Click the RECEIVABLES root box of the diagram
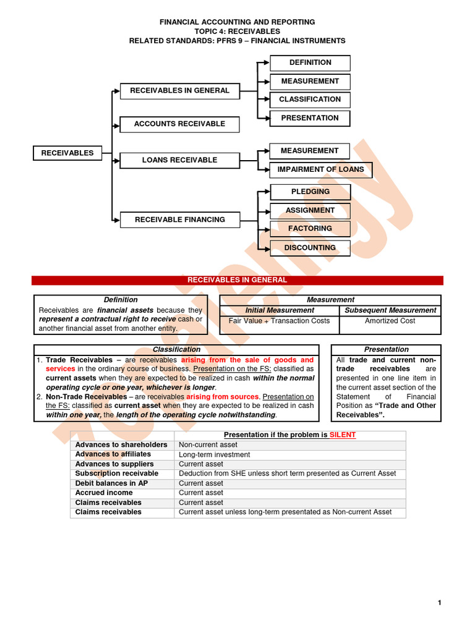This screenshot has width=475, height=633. tap(67, 153)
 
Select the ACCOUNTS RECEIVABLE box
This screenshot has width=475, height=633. tap(179, 124)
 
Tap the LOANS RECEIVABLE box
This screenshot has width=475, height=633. tap(179, 160)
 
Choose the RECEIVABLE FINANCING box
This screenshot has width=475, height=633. tap(179, 219)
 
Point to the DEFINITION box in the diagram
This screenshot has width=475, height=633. tap(310, 62)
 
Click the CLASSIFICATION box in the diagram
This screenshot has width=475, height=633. tap(310, 100)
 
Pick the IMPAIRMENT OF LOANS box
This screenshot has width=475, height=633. tap(320, 169)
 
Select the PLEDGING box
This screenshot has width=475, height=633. tap(310, 192)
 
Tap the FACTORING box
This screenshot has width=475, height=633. tap(310, 229)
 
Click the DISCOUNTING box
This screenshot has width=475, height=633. tap(310, 248)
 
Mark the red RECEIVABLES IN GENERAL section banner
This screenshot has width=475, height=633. tap(237, 280)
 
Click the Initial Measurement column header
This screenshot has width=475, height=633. tap(280, 310)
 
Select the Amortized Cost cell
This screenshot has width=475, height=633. tap(390, 321)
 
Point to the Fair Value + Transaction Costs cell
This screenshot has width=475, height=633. tap(280, 321)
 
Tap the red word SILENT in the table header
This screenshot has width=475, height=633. tap(343, 435)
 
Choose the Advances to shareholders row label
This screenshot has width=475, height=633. tap(121, 445)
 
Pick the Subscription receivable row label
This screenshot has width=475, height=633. tap(117, 474)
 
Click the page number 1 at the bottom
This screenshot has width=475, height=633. tap(439, 603)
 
